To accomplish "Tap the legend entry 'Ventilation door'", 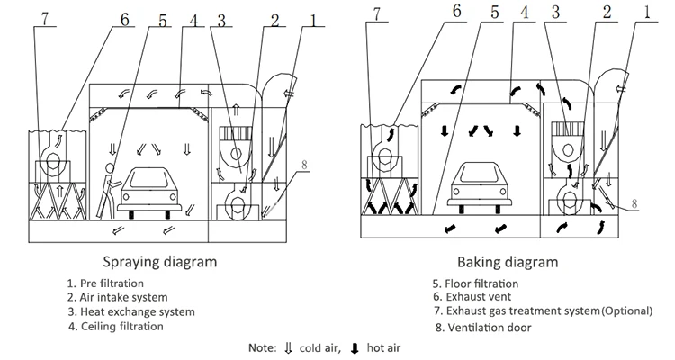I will [481, 328].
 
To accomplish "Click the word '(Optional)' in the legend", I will [626, 311].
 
